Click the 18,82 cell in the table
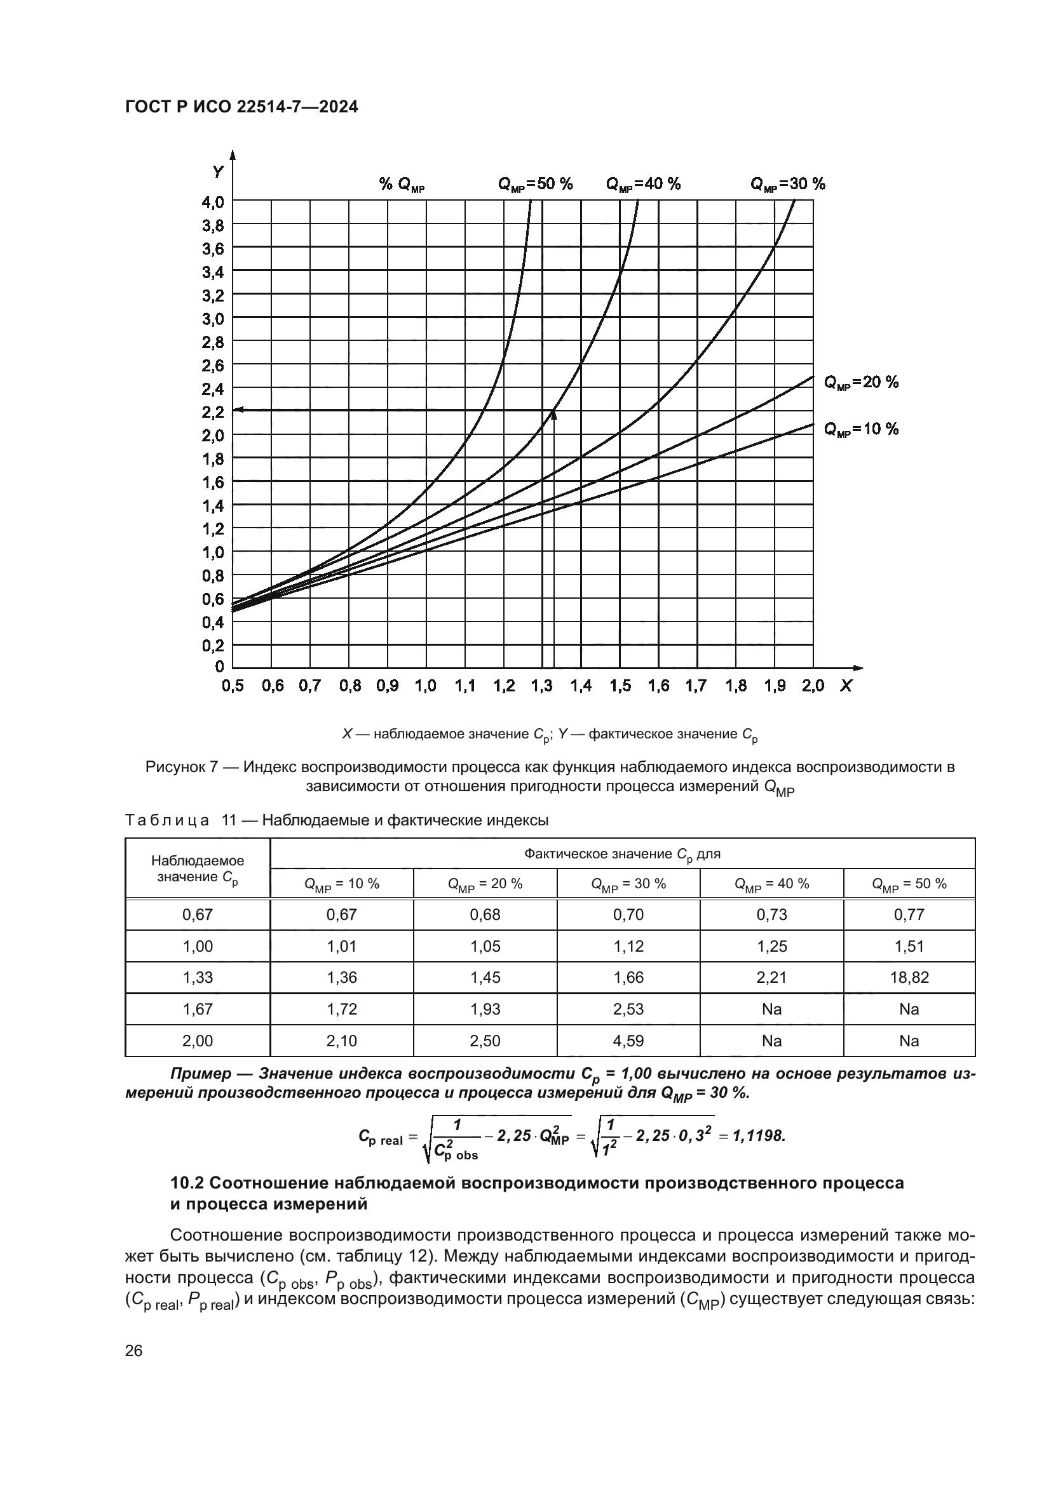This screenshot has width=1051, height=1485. click(909, 977)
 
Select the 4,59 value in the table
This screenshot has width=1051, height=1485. click(628, 1041)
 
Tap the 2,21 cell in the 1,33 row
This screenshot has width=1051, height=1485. click(771, 977)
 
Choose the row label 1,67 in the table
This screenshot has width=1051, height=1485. click(198, 1009)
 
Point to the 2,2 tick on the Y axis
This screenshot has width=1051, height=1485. click(213, 411)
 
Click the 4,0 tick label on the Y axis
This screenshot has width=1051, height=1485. click(213, 202)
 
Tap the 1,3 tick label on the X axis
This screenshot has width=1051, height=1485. click(542, 686)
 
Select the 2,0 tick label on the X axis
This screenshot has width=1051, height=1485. click(813, 686)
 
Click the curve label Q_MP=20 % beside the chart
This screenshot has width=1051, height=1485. click(861, 382)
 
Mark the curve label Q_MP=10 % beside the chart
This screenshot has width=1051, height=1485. click(861, 429)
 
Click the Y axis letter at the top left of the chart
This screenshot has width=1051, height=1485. click(219, 172)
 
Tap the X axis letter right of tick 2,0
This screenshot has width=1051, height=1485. click(845, 686)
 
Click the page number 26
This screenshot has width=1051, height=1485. click(133, 1351)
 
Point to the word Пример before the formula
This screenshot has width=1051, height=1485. click(200, 1074)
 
